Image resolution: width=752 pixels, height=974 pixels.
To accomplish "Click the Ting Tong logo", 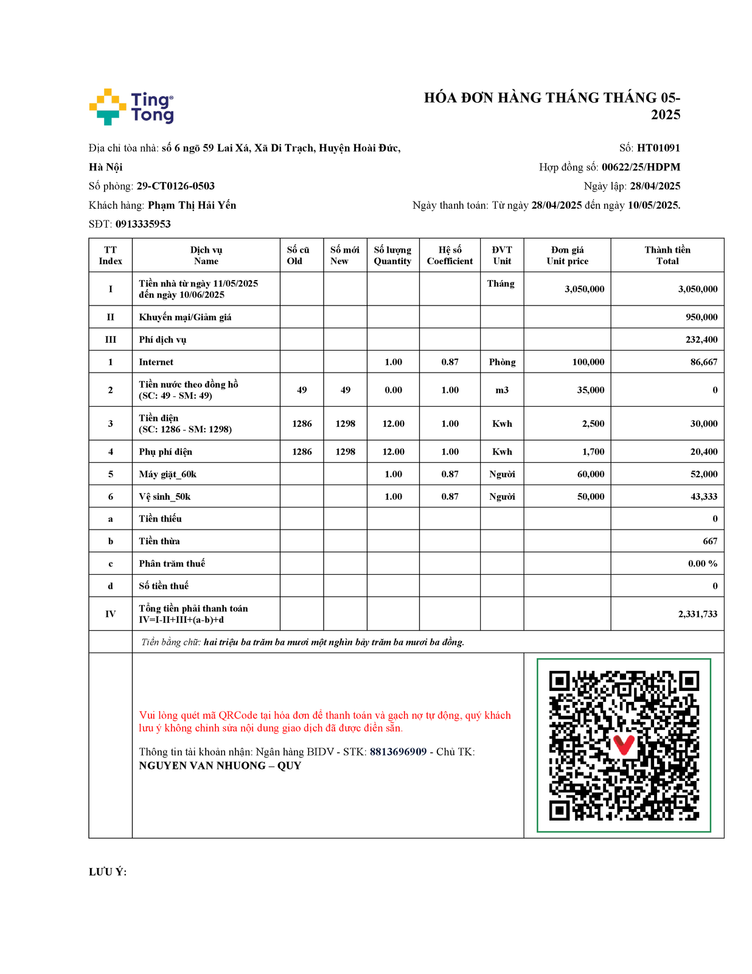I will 131,107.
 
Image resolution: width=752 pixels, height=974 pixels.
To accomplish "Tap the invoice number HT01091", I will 658,148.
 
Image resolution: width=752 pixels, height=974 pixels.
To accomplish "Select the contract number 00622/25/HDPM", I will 641,167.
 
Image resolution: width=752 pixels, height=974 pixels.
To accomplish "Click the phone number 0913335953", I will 143,224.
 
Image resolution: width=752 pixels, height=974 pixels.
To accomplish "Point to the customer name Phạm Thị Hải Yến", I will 192,205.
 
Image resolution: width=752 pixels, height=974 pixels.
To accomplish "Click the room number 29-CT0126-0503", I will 175,186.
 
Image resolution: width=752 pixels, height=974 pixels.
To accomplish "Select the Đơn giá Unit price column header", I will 567,255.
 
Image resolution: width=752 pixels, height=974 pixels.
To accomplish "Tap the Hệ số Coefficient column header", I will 450,255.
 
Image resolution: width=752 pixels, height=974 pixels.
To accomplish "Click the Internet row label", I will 156,362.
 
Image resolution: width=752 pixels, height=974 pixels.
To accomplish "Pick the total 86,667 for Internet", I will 703,362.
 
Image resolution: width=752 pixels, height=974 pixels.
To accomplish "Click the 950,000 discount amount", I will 702,317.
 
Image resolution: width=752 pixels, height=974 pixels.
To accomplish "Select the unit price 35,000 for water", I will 590,390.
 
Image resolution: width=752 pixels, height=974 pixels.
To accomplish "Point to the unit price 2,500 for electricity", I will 593,424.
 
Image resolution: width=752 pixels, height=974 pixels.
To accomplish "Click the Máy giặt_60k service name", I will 167,474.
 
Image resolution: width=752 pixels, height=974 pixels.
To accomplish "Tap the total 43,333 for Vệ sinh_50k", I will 703,497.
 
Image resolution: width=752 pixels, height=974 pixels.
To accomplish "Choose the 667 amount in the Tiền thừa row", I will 709,541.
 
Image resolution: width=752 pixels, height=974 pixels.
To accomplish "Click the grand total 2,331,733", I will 697,614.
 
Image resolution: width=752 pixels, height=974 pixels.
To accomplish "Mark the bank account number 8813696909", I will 398,752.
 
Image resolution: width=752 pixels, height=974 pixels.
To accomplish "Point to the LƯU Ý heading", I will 108,872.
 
